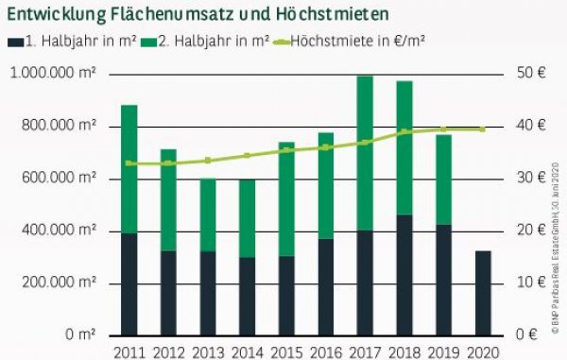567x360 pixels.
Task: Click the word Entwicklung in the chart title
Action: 60,16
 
